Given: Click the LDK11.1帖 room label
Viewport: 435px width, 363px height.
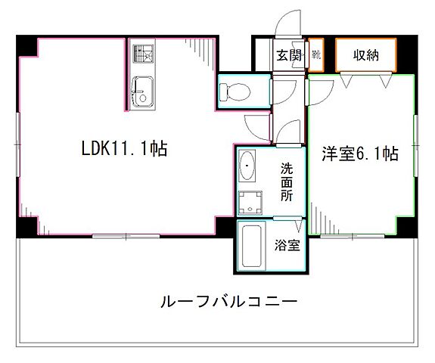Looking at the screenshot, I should click(124, 149).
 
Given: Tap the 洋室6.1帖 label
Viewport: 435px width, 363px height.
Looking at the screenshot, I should click(360, 154).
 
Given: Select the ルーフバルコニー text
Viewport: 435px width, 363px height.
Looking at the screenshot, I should click(228, 300).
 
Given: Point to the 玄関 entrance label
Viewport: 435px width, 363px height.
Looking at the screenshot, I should click(287, 55).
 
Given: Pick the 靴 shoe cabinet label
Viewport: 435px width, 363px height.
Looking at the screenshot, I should click(316, 55).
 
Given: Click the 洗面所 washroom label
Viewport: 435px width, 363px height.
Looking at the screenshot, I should click(287, 181).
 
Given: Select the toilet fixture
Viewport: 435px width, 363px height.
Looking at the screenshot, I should click(235, 92).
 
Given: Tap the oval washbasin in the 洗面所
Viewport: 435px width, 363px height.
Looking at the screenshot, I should click(247, 163).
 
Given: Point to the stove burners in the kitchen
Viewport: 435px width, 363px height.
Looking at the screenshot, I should click(141, 54).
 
